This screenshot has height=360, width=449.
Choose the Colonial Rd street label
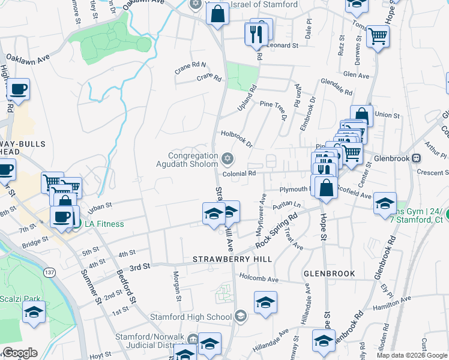pos(239,173)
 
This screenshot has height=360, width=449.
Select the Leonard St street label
pos(283,46)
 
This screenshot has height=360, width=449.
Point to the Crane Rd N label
pos(190,64)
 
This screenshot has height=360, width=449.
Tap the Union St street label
pos(387,115)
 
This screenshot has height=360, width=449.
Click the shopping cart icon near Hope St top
pos(378,37)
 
